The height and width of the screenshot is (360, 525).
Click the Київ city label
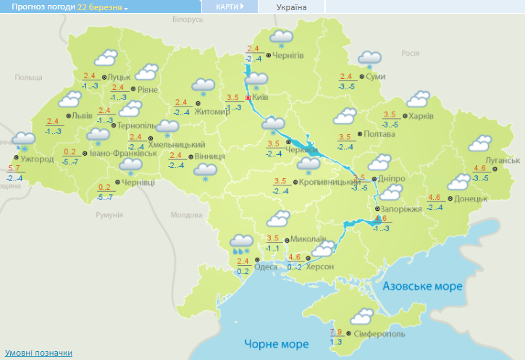click(x=260, y=97)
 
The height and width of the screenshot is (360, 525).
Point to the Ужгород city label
click(x=38, y=159)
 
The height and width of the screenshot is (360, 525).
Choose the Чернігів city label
click(x=287, y=55)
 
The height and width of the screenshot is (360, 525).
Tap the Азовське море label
click(x=422, y=286)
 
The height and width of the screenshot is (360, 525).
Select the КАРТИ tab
click(x=229, y=7)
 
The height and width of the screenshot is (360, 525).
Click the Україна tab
click(x=292, y=7)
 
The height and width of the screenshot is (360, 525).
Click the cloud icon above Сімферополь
click(x=361, y=316)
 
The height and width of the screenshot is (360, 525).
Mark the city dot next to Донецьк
click(x=450, y=198)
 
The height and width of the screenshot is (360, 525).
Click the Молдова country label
click(x=187, y=215)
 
